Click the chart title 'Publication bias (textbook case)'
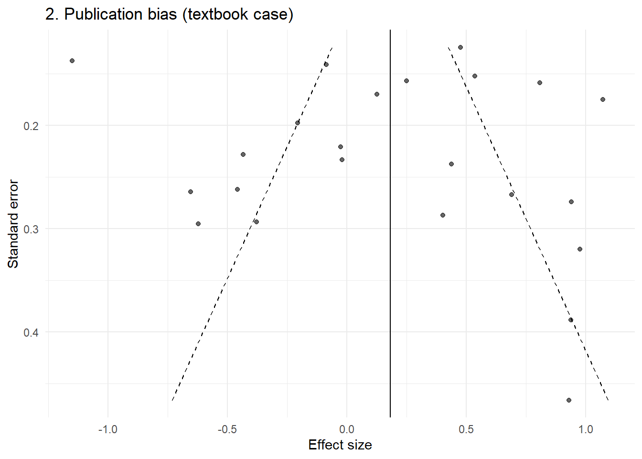tap(170, 14)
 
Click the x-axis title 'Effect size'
tap(340, 445)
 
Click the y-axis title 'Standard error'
tap(13, 224)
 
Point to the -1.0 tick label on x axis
tap(107, 429)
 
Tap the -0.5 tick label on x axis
tap(227, 429)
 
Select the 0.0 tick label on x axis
tap(347, 429)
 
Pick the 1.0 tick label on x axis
tap(586, 429)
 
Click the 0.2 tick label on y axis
tap(31, 126)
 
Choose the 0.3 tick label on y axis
tap(31, 229)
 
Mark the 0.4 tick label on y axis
tap(31, 332)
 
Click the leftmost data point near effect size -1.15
tap(72, 61)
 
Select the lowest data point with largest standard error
tap(568, 400)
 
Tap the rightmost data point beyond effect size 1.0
tap(603, 99)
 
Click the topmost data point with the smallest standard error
tap(460, 47)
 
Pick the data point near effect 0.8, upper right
tap(540, 83)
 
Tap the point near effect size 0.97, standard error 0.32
tap(580, 249)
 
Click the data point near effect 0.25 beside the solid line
tap(407, 81)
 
